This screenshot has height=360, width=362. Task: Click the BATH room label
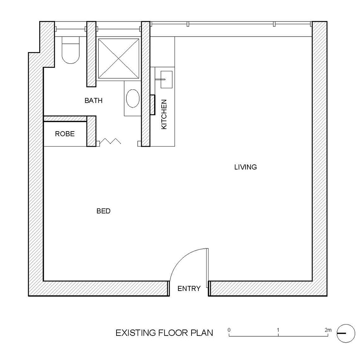point(94,101)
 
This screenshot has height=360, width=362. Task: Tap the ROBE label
point(65,134)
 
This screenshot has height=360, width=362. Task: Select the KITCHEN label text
point(164,114)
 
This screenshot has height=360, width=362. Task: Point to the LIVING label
point(245,167)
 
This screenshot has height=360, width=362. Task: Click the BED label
point(103,211)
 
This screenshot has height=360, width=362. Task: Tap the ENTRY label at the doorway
point(189,288)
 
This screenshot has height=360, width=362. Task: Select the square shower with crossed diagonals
point(119,58)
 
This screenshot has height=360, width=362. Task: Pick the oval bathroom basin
point(133,98)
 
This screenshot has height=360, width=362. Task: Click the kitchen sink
point(166,80)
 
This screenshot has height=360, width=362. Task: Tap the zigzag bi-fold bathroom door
point(110,141)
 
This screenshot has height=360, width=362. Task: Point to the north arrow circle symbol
point(346,333)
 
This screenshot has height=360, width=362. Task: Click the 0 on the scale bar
point(229,330)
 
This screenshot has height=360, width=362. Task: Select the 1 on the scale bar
point(278,330)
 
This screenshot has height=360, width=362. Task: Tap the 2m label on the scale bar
point(328,330)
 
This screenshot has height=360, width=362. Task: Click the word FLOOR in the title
point(173,333)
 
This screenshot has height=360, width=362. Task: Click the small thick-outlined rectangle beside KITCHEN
point(152,105)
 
